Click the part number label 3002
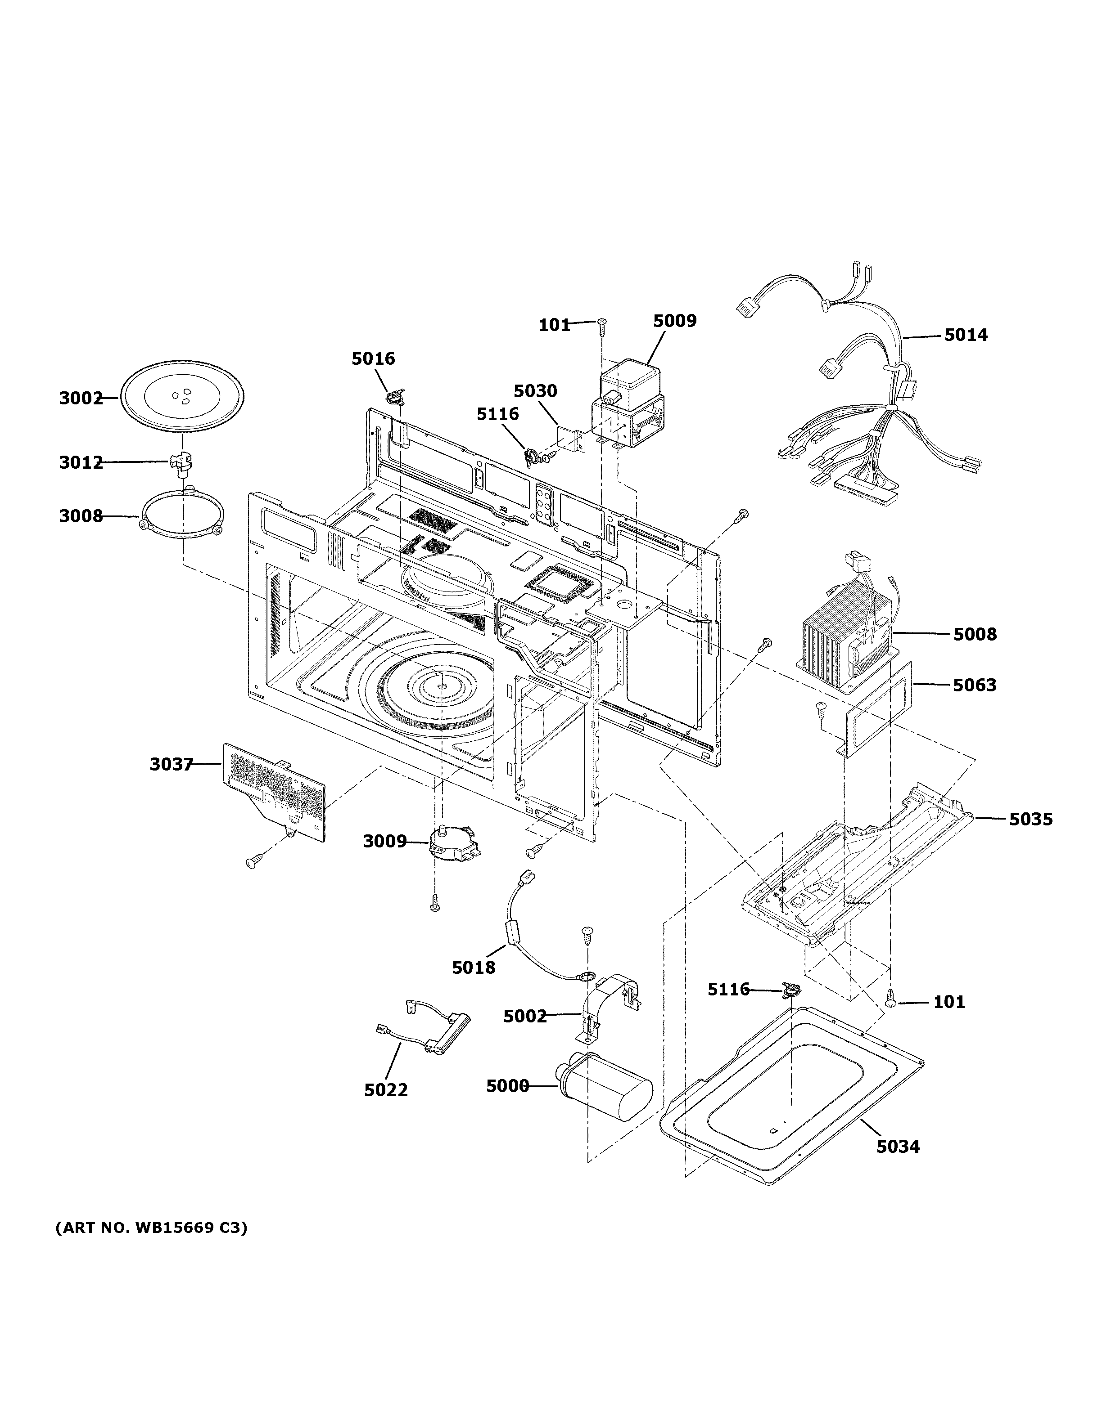click(x=81, y=398)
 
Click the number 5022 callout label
click(x=386, y=1090)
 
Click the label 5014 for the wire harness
click(x=966, y=336)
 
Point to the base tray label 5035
click(x=1031, y=820)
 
